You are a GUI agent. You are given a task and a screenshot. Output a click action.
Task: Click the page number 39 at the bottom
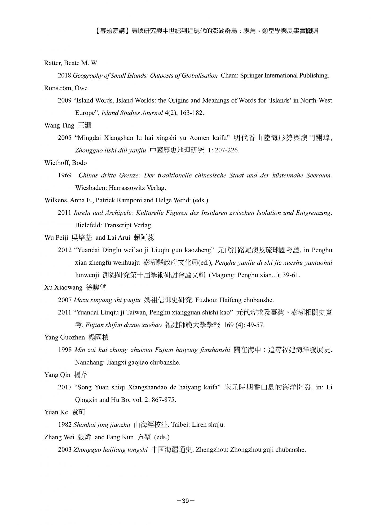(185, 501)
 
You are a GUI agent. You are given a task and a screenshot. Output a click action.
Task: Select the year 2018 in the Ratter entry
(65, 76)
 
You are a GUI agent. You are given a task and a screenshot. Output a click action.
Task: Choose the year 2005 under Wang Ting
(65, 138)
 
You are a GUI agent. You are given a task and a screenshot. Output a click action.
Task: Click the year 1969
(65, 175)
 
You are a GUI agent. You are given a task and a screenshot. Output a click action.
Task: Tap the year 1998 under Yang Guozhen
(65, 350)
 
